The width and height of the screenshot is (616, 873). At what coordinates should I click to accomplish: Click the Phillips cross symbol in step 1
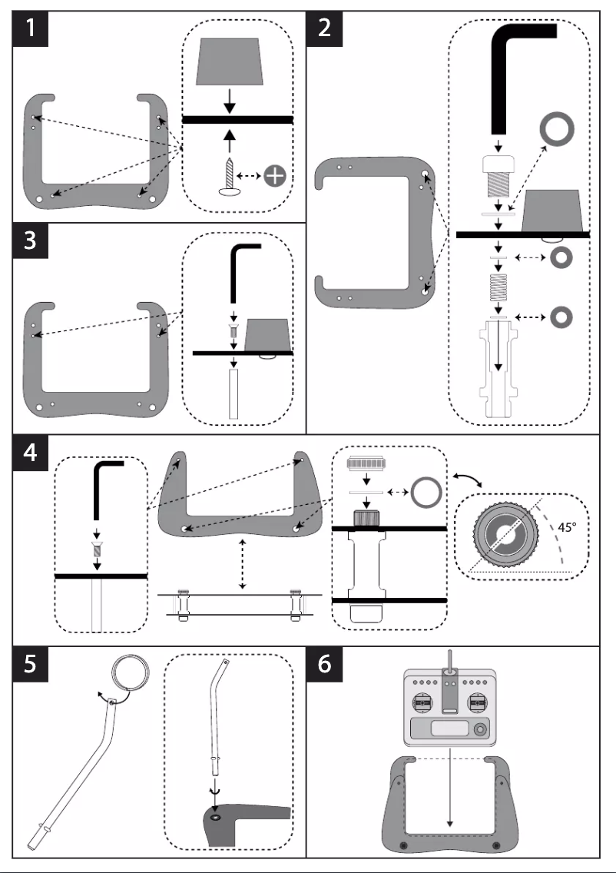(273, 177)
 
